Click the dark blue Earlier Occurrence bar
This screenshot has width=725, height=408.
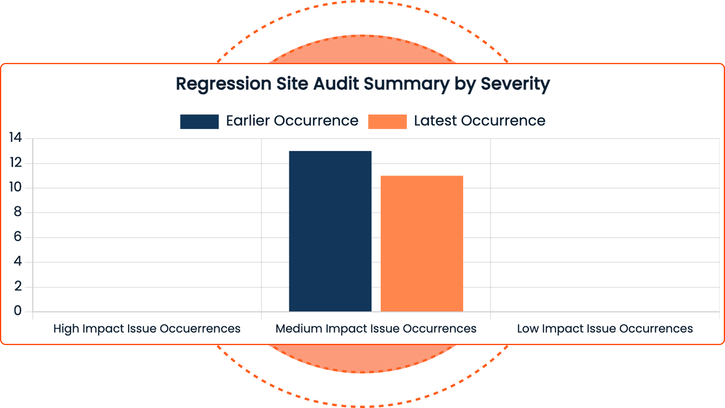[x=330, y=231]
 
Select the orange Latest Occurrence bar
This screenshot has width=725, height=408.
[x=422, y=244]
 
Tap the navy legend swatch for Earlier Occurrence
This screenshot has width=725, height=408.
[x=199, y=122]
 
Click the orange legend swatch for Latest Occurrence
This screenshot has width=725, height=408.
[x=387, y=122]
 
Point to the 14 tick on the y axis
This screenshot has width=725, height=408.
[x=15, y=138]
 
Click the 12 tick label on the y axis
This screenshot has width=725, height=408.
[x=16, y=163]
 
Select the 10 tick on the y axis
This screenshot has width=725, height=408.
[x=15, y=187]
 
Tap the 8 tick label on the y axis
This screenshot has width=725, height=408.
[x=17, y=212]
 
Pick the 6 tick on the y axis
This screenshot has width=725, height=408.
[x=17, y=237]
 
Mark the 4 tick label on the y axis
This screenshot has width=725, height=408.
[x=17, y=261]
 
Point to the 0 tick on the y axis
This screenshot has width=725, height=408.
[x=17, y=311]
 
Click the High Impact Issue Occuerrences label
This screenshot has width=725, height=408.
[x=147, y=329]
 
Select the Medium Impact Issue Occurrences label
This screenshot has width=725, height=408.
[x=376, y=329]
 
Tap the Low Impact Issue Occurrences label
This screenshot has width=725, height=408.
[x=605, y=329]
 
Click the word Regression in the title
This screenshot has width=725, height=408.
[x=224, y=84]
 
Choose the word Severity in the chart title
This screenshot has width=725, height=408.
[x=515, y=84]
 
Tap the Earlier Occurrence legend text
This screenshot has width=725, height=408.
[x=292, y=121]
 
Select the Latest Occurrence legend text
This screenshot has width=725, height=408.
[x=479, y=121]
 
